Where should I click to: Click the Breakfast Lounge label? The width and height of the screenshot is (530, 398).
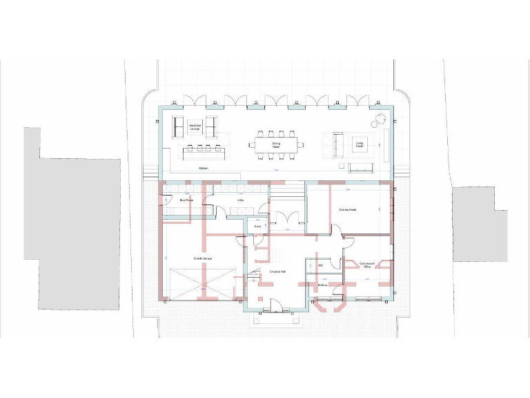pos(195,127)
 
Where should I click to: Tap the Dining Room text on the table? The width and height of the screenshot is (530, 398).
pos(276,145)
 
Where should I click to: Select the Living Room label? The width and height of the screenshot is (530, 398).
pos(359,144)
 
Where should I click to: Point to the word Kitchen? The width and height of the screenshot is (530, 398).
pos(204,168)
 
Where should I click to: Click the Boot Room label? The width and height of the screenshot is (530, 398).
pos(186,200)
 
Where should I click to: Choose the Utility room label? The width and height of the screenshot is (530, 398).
pos(241,200)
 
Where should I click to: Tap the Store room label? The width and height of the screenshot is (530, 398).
pos(257,226)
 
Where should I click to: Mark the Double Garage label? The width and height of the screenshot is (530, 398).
pos(203,258)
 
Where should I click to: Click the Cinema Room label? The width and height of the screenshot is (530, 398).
pos(347,209)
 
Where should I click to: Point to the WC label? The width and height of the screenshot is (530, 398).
pos(321,265)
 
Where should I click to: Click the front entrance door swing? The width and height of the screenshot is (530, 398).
pos(275,303)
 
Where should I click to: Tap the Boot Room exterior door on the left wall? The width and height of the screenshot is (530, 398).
pos(166,200)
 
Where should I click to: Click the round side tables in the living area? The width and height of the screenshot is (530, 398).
pos(377,121)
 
